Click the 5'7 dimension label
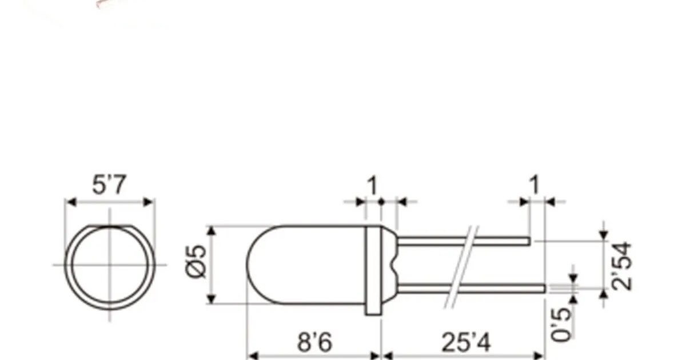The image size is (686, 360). (x=109, y=186)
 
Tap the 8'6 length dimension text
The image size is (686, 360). (x=314, y=343)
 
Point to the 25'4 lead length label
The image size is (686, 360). (x=465, y=343)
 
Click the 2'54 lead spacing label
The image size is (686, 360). (x=621, y=266)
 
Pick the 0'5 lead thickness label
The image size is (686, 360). (x=563, y=324)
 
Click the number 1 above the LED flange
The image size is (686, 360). (x=372, y=186)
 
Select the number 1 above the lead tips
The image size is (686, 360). (x=534, y=186)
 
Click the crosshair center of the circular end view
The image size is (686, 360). (x=109, y=265)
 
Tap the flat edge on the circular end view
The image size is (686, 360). (x=109, y=227)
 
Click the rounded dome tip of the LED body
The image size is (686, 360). (x=249, y=265)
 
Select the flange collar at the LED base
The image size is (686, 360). (x=373, y=269)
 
